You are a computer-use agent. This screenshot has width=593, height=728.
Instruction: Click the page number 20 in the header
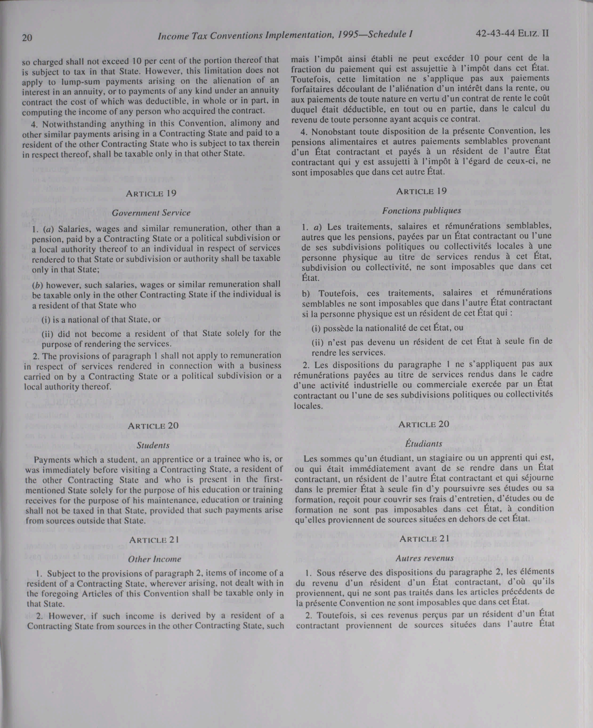click(x=27, y=37)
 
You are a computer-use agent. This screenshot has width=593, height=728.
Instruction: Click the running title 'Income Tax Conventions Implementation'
click(x=244, y=35)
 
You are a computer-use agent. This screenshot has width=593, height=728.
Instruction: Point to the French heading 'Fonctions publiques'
click(x=422, y=210)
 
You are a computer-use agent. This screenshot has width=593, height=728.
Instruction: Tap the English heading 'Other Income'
click(x=154, y=559)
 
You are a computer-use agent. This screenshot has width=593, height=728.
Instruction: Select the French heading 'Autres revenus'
click(x=425, y=558)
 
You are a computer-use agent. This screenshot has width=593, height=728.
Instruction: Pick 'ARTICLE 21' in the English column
click(x=154, y=540)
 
